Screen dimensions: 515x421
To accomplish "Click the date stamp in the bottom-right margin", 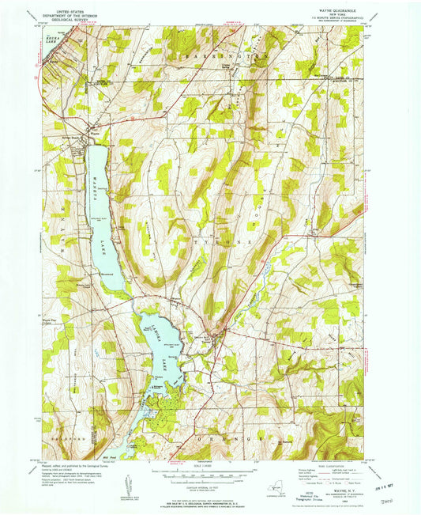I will [x=387, y=476].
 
